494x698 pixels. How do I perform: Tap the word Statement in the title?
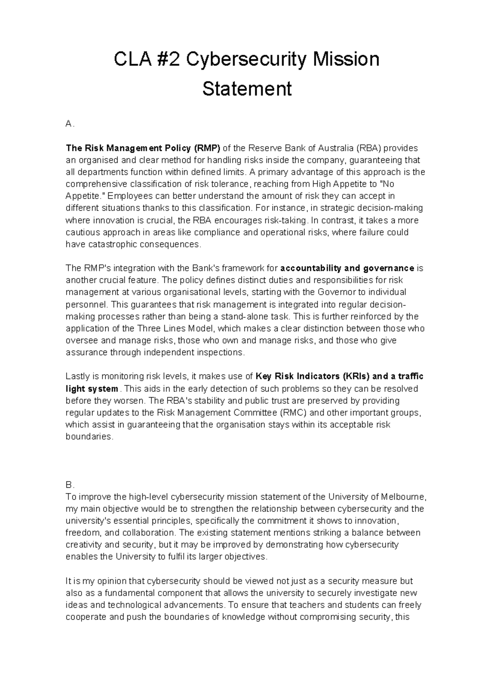point(247,89)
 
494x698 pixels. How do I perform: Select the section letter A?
point(69,124)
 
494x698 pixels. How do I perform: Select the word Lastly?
point(77,377)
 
